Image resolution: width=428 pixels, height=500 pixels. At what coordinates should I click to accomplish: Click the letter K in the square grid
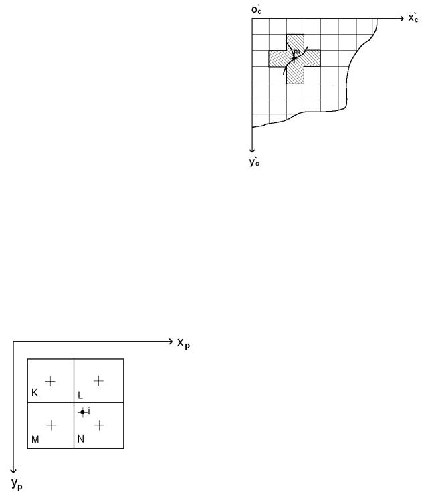click(x=35, y=393)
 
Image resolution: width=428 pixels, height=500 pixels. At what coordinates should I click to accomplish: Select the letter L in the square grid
click(x=80, y=396)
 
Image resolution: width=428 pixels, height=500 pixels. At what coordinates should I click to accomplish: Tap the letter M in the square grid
click(x=35, y=439)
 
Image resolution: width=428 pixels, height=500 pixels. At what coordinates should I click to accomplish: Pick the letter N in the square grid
click(x=81, y=439)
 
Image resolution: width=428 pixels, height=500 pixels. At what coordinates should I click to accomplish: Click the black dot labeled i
click(x=83, y=412)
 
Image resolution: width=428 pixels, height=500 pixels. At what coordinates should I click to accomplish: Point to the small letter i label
click(x=89, y=411)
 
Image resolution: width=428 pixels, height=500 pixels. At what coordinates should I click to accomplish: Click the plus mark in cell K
click(x=50, y=381)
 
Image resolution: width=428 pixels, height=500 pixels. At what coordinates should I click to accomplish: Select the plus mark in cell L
click(x=98, y=381)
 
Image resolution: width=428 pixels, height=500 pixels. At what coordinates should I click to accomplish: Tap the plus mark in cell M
click(x=51, y=426)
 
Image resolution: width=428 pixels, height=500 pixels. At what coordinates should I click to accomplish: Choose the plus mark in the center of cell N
click(x=99, y=426)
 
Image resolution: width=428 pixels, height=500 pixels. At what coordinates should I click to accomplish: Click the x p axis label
click(x=183, y=344)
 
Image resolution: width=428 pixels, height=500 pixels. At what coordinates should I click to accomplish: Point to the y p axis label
click(x=17, y=484)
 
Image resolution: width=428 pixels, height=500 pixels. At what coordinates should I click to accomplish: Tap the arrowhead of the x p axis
click(x=171, y=342)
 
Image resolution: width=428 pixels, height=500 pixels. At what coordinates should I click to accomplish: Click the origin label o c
click(x=257, y=10)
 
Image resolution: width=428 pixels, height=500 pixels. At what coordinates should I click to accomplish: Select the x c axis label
click(x=414, y=17)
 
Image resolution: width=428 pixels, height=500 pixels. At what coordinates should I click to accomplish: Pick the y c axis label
click(x=254, y=162)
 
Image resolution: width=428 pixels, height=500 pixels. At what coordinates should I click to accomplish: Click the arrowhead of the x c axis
click(x=401, y=19)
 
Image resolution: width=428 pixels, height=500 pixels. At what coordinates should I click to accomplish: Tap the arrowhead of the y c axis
click(x=252, y=150)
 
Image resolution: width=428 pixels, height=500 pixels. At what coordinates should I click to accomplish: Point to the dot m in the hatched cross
click(x=294, y=58)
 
